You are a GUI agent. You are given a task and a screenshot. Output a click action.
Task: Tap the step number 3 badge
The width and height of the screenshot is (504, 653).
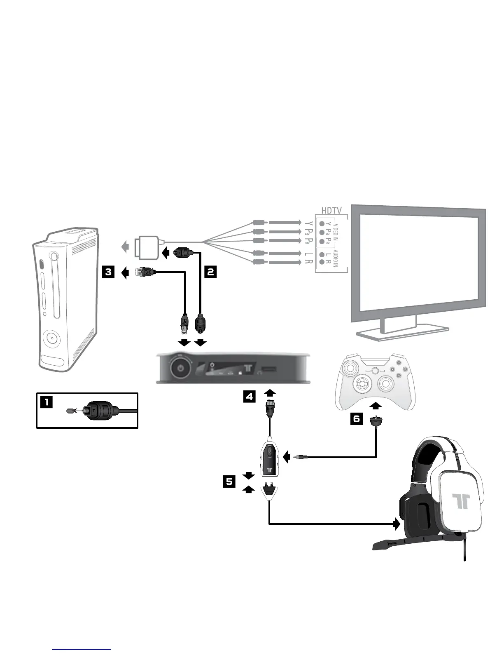click(x=108, y=272)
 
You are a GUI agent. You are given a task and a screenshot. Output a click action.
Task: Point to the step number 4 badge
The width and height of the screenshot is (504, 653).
click(x=250, y=397)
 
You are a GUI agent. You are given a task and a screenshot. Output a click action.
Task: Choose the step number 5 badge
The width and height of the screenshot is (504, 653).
click(x=229, y=482)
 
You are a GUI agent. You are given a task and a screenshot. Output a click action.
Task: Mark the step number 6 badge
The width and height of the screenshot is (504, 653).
click(x=357, y=419)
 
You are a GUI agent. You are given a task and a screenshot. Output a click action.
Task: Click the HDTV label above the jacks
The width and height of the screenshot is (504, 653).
click(x=331, y=211)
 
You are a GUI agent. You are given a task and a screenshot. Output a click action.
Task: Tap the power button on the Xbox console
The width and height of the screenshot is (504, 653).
click(x=51, y=338)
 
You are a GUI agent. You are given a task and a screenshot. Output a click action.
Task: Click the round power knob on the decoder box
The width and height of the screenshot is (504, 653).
click(x=180, y=367)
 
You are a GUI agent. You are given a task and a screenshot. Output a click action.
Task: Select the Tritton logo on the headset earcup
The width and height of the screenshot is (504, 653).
click(x=460, y=500)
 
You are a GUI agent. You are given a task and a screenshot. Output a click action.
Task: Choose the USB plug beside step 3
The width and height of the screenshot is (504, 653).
click(x=145, y=272)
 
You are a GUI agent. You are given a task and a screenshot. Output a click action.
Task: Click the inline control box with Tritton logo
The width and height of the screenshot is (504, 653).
click(x=269, y=458)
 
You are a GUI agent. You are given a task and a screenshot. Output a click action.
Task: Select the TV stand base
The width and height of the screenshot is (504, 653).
click(x=401, y=332)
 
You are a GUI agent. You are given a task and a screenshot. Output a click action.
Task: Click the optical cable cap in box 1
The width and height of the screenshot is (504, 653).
click(x=71, y=411)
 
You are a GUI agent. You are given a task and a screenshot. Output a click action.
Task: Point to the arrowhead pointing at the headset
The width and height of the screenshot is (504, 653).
click(x=397, y=524)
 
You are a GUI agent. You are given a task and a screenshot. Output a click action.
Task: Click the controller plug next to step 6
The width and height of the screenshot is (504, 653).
click(x=376, y=421)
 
